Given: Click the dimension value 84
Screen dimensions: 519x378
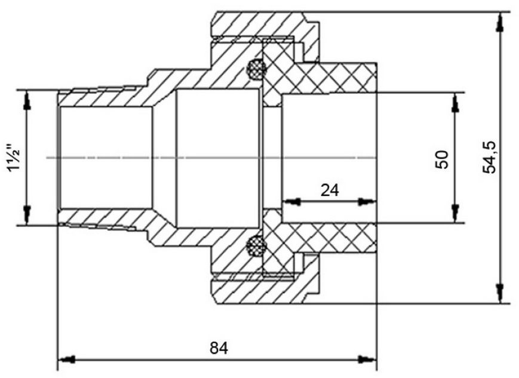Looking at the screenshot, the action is coord(219,348).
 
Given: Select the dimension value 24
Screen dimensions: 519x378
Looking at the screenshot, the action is coord(330,190).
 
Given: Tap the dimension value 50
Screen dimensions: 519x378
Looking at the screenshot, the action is coord(442,159).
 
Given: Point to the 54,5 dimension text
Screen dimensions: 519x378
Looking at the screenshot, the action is coord(489,157).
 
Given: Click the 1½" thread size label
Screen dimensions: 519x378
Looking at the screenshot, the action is coord(14,157).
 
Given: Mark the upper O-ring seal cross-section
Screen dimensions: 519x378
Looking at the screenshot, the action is coord(257,69).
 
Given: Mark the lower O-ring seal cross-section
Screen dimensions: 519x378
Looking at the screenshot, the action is coord(257,246).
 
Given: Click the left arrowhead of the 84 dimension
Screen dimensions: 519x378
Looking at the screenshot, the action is coord(66,359).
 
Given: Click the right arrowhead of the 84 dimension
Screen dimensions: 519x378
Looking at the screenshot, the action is coord(368,359).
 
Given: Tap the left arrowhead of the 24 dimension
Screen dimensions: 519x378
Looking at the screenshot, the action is coord(291,201).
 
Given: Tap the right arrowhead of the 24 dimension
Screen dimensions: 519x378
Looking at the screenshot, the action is coord(367,201).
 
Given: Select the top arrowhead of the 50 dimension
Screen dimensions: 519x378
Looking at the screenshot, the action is coord(456,102).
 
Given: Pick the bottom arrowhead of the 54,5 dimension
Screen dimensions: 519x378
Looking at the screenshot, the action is coord(500,293).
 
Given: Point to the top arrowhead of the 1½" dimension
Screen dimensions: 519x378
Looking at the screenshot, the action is coord(27,101).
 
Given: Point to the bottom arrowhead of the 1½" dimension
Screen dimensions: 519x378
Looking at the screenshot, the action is coord(27,214).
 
